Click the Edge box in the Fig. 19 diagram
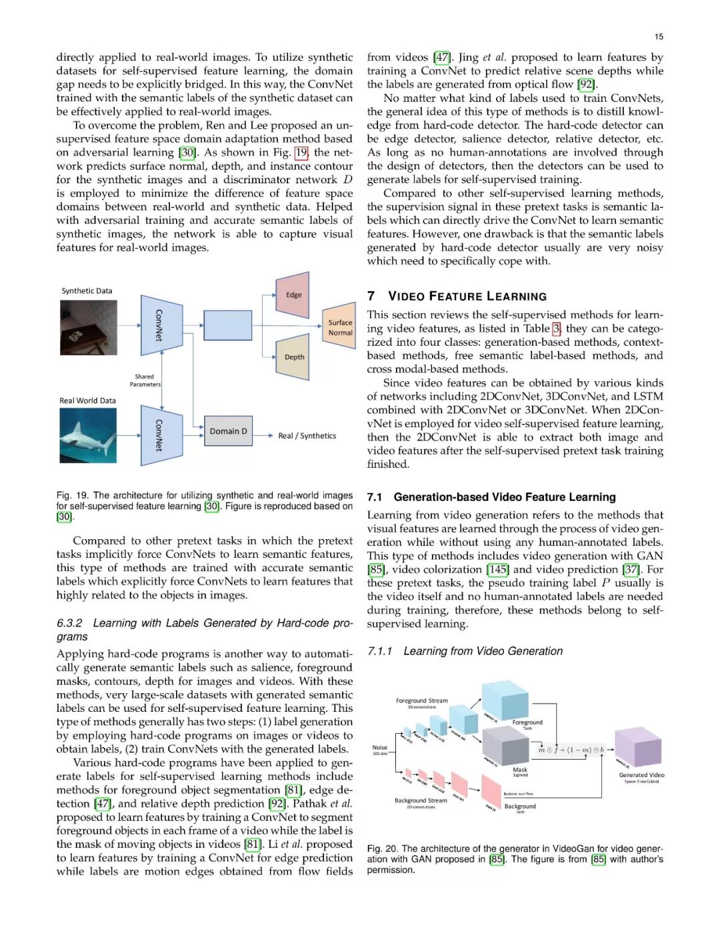click(293, 295)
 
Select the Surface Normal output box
click(340, 327)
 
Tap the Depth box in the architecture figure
click(293, 357)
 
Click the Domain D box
click(228, 431)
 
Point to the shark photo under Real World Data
click(88, 435)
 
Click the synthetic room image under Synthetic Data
click(88, 327)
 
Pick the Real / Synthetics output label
click(307, 436)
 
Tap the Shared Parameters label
click(145, 381)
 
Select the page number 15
click(659, 37)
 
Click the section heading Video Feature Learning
click(467, 297)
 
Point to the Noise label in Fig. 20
click(380, 748)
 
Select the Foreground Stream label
click(422, 700)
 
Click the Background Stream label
click(421, 800)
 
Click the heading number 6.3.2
click(69, 623)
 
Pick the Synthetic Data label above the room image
click(87, 291)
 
